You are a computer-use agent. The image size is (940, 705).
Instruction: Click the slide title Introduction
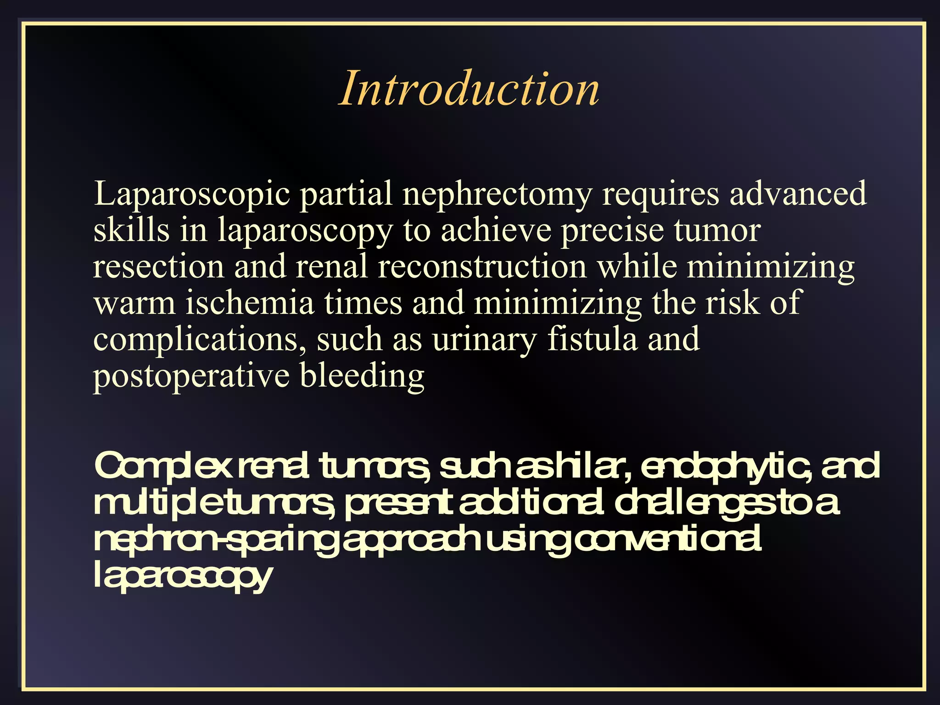pyautogui.click(x=469, y=88)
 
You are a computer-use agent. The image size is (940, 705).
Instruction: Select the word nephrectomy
pyautogui.click(x=497, y=194)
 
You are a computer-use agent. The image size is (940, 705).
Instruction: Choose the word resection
pyautogui.click(x=158, y=266)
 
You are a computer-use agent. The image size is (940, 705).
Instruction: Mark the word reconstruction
pyautogui.click(x=482, y=266)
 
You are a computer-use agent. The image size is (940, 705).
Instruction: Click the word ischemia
pyautogui.click(x=250, y=303)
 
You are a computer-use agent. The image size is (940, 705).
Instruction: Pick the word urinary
pyautogui.click(x=484, y=340)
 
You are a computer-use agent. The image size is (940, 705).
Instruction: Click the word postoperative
pyautogui.click(x=191, y=376)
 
